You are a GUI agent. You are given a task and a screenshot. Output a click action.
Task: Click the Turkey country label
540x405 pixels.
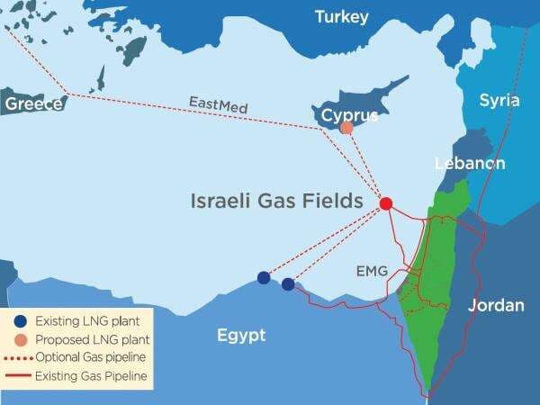pyautogui.click(x=341, y=17)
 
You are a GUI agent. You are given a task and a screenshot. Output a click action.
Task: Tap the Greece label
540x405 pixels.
pyautogui.click(x=34, y=103)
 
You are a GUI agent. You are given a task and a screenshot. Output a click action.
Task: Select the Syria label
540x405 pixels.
pyautogui.click(x=499, y=100)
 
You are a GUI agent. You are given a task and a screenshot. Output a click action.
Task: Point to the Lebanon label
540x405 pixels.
pyautogui.click(x=469, y=163)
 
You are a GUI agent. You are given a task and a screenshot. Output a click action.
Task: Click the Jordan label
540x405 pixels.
pyautogui.click(x=496, y=306)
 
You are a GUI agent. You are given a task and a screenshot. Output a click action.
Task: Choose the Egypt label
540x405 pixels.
pyautogui.click(x=241, y=336)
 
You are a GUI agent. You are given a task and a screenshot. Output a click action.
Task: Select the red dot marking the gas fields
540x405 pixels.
pyautogui.click(x=386, y=203)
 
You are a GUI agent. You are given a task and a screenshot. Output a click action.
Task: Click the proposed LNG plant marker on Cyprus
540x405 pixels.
pyautogui.click(x=346, y=128)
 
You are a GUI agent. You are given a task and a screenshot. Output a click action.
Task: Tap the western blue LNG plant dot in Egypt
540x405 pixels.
pyautogui.click(x=263, y=277)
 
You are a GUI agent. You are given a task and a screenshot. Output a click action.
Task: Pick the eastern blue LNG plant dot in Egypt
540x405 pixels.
pyautogui.click(x=288, y=284)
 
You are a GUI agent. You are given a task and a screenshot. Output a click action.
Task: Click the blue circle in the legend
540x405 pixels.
pyautogui.click(x=18, y=320)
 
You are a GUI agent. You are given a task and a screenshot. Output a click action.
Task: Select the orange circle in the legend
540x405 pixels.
pyautogui.click(x=18, y=340)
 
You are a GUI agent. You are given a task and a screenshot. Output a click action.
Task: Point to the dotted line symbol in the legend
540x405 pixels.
pyautogui.click(x=18, y=359)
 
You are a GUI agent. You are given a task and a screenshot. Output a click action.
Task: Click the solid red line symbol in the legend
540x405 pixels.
pyautogui.click(x=18, y=375)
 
